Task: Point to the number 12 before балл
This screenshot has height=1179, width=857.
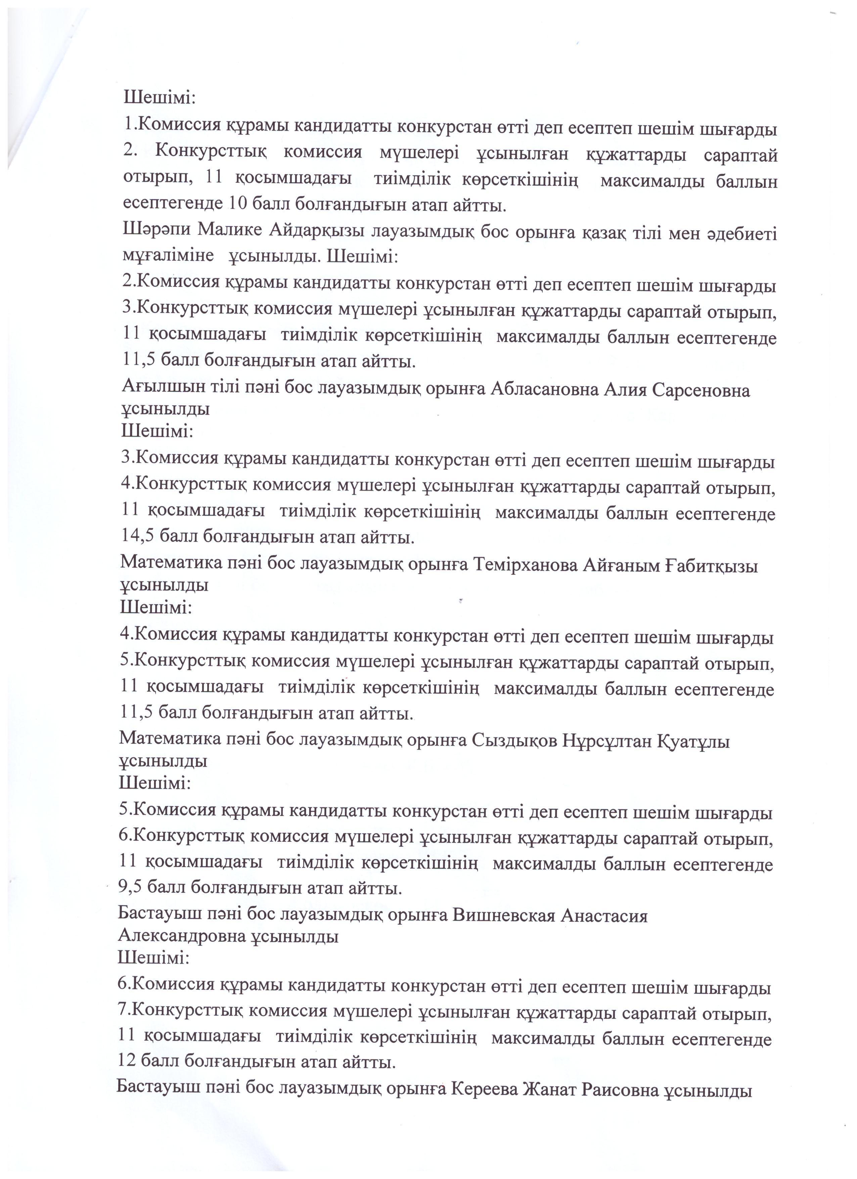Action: pyautogui.click(x=127, y=1061)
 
